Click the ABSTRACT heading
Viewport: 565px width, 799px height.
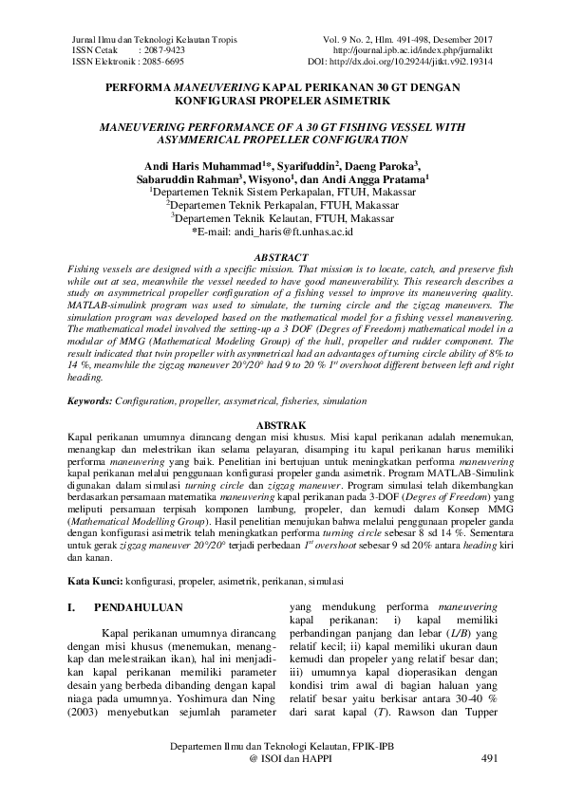pos(282,258)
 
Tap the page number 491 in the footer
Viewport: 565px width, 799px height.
pos(490,759)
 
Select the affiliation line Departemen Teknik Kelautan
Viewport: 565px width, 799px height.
pos(282,217)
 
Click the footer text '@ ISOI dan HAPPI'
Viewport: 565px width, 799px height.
pos(282,759)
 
